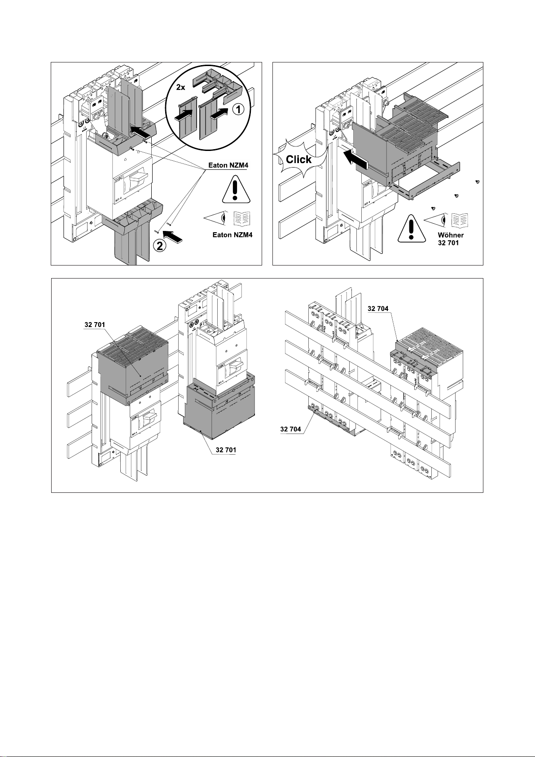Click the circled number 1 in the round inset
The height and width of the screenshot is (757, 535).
(238, 110)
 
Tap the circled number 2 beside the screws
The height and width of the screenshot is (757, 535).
(160, 246)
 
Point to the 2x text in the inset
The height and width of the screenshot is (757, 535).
(181, 87)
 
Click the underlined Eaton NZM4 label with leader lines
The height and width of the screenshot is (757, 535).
(228, 166)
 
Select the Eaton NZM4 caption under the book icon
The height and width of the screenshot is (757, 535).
(232, 235)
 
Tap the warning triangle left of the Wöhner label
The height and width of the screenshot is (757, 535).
(411, 229)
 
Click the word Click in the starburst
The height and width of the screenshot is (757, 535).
(299, 159)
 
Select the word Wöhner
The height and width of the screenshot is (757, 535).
(451, 235)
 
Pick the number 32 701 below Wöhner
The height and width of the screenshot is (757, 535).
(448, 243)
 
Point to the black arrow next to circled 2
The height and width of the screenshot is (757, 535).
(173, 236)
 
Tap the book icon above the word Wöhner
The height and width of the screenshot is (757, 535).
(460, 220)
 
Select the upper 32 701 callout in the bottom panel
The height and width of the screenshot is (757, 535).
(95, 325)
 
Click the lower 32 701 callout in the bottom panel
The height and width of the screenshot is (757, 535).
(226, 450)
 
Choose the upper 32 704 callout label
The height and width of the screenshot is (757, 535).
(378, 309)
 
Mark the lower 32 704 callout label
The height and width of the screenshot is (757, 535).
(291, 429)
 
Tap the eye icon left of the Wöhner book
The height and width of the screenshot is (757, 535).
(436, 220)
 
